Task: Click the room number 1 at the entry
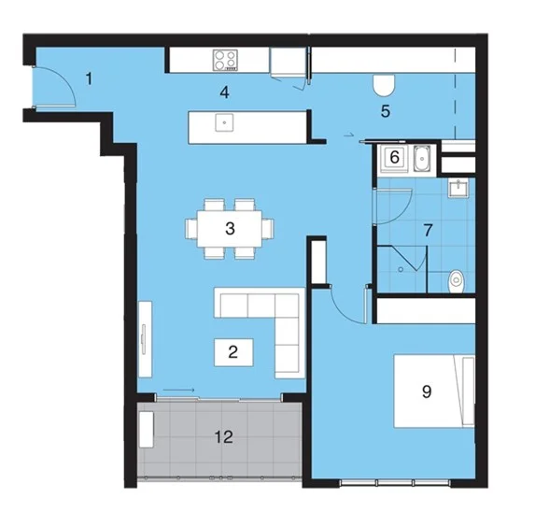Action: coord(90,78)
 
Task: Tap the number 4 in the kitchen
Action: coord(224,92)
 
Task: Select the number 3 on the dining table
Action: coord(230,227)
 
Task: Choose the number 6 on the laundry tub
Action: coord(395,158)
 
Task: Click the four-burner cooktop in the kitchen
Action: coord(225,61)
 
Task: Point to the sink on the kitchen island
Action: coord(224,121)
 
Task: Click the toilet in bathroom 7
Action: coord(456,278)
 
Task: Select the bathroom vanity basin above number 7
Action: coord(458,190)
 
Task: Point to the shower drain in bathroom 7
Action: coord(401,268)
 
